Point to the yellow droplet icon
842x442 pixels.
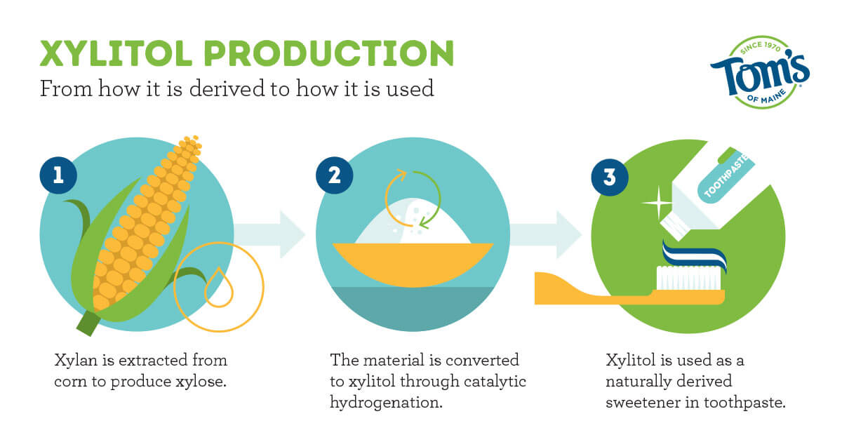(x=217, y=287)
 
